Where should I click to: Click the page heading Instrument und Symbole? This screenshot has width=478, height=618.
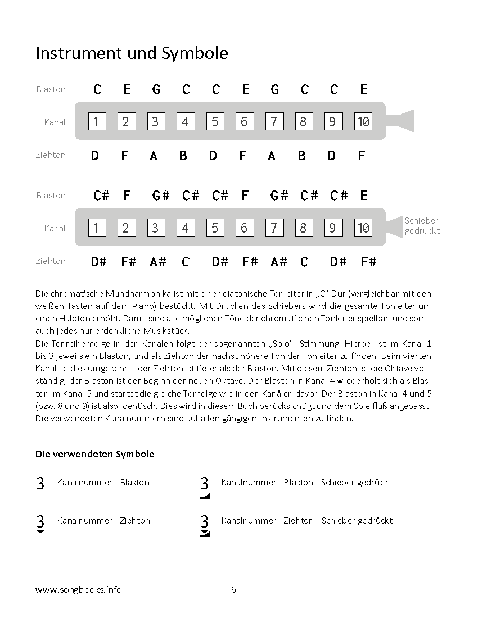[132, 53]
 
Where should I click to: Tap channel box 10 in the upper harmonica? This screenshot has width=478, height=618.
[363, 121]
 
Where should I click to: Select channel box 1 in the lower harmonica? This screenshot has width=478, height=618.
[97, 228]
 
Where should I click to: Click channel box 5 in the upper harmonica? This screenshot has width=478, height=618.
[215, 121]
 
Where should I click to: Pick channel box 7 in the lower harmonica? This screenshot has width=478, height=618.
[274, 228]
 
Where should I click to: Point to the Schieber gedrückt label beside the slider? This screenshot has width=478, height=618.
[422, 225]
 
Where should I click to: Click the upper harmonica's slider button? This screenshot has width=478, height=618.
[399, 121]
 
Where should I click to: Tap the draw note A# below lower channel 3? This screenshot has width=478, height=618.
[158, 262]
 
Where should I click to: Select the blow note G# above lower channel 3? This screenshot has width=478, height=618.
[160, 195]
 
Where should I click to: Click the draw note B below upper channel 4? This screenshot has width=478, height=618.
[183, 156]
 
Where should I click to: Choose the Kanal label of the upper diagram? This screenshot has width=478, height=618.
[55, 122]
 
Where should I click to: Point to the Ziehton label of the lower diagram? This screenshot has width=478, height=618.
[51, 261]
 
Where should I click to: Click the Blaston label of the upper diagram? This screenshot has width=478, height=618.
[51, 89]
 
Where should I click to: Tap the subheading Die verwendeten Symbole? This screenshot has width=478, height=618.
[94, 454]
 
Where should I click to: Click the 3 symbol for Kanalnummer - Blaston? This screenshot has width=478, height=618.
[40, 483]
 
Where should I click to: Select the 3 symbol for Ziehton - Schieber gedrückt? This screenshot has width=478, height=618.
[205, 525]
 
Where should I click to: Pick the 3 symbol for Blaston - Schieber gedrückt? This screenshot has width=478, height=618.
[205, 487]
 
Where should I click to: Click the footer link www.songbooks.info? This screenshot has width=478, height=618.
[79, 589]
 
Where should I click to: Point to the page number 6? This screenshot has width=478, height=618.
[233, 589]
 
